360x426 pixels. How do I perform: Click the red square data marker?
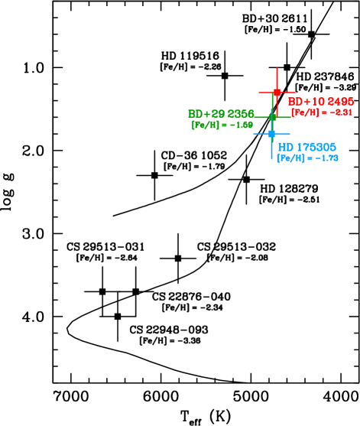tap(277, 92)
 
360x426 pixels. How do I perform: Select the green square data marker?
tap(272, 117)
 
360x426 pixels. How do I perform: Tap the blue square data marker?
tap(271, 134)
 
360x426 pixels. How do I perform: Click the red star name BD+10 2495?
tap(320, 102)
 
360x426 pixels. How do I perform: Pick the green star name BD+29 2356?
tap(221, 114)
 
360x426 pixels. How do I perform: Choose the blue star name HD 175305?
tap(306, 147)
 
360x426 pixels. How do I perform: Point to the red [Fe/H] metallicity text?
tap(321, 112)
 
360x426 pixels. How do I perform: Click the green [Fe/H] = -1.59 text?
tap(222, 125)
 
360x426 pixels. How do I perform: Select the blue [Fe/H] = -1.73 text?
tap(307, 158)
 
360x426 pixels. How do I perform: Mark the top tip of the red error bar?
tap(277, 68)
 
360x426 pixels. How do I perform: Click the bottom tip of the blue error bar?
tap(271, 160)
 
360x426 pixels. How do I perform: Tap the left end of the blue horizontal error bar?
tap(253, 134)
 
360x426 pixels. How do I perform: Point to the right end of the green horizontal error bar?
tap(290, 117)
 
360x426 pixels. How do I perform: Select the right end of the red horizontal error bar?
tap(296, 92)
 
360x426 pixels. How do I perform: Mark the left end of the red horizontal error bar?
tap(258, 92)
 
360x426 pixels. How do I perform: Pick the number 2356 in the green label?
tap(241, 114)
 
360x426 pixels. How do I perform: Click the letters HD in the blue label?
tap(285, 147)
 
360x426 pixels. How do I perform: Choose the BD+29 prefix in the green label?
tap(206, 114)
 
